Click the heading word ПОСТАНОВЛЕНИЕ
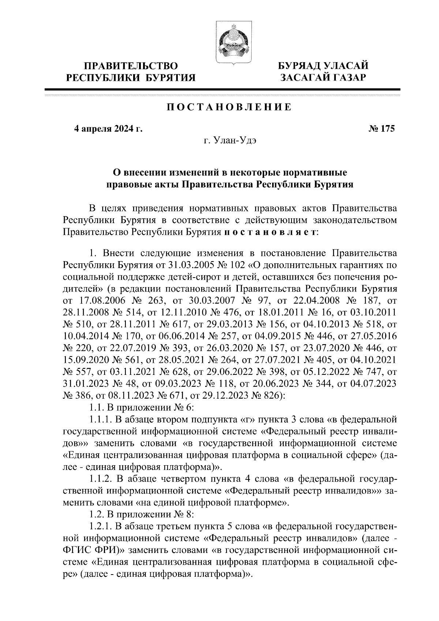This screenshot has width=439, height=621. (229, 107)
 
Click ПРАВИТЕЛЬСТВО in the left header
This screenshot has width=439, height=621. (131, 66)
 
